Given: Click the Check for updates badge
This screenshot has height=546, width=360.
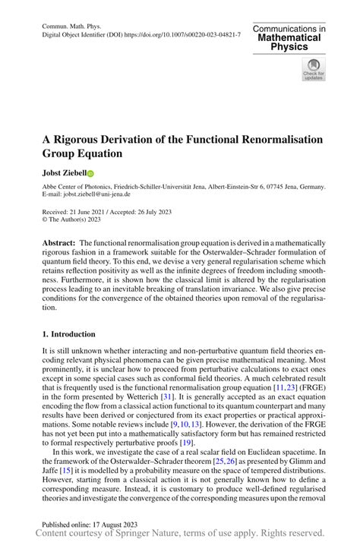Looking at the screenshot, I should point(313,70).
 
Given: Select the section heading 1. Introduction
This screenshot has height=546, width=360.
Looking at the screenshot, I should point(68,335).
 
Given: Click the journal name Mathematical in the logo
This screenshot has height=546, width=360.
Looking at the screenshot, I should point(289,37).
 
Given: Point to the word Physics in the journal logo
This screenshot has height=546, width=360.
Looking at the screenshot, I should point(289,47).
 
